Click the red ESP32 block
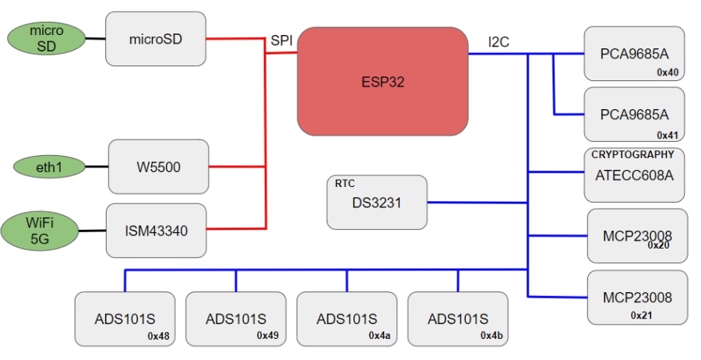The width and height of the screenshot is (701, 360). pos(382,81)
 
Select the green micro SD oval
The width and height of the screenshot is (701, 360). pos(46,38)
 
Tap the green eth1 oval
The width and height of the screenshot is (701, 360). pos(48,166)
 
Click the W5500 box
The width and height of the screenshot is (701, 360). pos(158,167)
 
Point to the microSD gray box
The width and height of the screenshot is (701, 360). pos(155,38)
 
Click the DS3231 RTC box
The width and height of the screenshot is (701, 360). pos(377,203)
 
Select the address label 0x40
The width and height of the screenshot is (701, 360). pos(668,72)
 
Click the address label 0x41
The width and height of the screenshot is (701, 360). pos(668,134)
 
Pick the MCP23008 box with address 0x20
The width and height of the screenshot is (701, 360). pos(636,235)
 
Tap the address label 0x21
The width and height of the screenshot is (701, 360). pos(642,316)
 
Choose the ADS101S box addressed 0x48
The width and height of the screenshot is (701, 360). pos(125,319)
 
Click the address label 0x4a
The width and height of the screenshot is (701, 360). pos(379,336)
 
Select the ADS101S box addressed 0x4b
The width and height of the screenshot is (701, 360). pos(457,319)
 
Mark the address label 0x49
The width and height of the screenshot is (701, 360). pos(268,336)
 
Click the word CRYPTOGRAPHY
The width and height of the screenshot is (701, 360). pos(632,154)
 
